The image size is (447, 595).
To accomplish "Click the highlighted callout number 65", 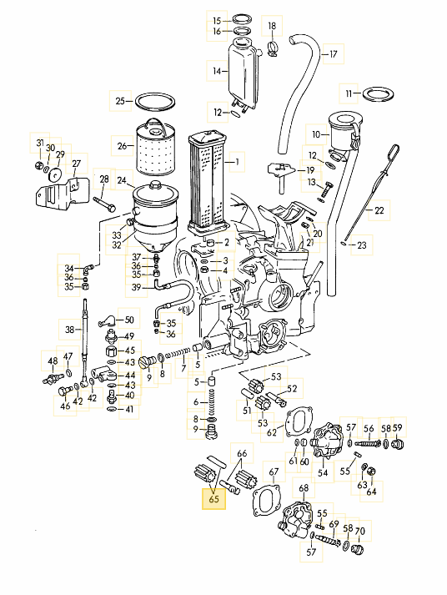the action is pyautogui.click(x=213, y=498).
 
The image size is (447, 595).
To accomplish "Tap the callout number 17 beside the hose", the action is pyautogui.click(x=334, y=54).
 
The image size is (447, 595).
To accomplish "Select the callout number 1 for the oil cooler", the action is pyautogui.click(x=237, y=162).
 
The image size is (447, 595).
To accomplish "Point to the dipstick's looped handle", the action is pyautogui.click(x=393, y=150).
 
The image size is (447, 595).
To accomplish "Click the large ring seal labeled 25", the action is pyautogui.click(x=155, y=101).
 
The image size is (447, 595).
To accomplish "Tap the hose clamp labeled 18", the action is pyautogui.click(x=273, y=48).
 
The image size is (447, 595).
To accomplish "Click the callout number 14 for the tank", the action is pyautogui.click(x=217, y=71).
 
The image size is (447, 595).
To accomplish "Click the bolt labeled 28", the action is pyautogui.click(x=104, y=204).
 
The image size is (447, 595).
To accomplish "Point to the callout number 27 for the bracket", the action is pyautogui.click(x=77, y=164).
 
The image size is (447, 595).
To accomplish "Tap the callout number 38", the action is pyautogui.click(x=70, y=330).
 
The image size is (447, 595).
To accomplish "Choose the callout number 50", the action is pyautogui.click(x=129, y=320).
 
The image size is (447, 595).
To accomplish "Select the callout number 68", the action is pyautogui.click(x=304, y=487).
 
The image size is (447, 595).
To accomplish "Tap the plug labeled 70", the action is pyautogui.click(x=356, y=549).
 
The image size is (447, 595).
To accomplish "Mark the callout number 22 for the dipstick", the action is pyautogui.click(x=379, y=209).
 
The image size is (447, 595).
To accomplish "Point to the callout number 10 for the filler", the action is pyautogui.click(x=316, y=134).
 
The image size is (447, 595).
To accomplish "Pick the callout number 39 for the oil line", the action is pyautogui.click(x=137, y=287).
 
